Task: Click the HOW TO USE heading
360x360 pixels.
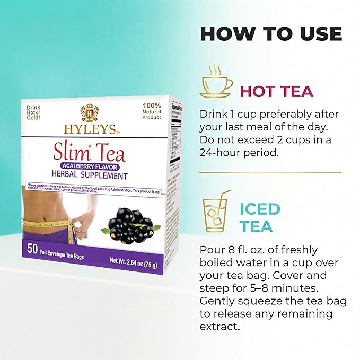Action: point(270,33)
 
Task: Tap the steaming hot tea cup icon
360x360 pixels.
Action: point(216,82)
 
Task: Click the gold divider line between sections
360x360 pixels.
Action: point(270,173)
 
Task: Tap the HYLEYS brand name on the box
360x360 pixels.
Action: point(89,129)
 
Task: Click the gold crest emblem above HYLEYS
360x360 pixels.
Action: point(89,112)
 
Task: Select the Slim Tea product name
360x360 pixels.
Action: point(90,153)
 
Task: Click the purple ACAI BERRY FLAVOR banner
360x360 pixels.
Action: point(90,165)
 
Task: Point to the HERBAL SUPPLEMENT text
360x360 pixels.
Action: point(90,175)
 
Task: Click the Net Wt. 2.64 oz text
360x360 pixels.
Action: point(129,261)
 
